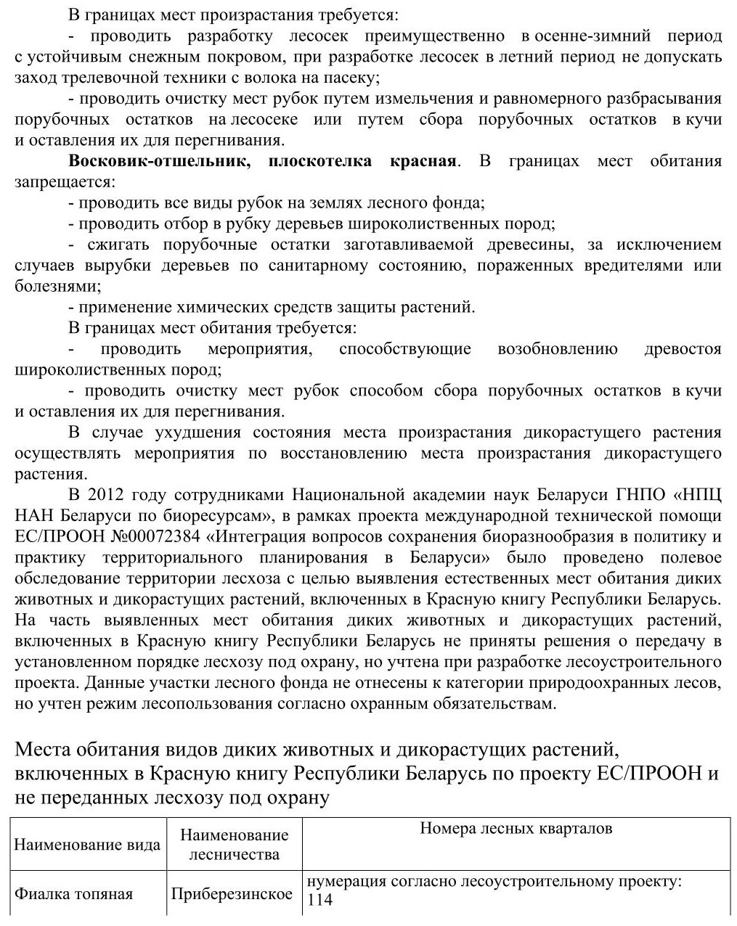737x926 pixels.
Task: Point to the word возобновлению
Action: [558, 349]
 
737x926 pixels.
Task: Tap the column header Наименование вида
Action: [87, 845]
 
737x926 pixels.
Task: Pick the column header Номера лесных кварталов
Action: [516, 829]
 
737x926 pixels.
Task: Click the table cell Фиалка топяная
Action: [74, 893]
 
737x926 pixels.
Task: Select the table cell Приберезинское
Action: [232, 893]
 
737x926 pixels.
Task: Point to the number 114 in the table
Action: [320, 901]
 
